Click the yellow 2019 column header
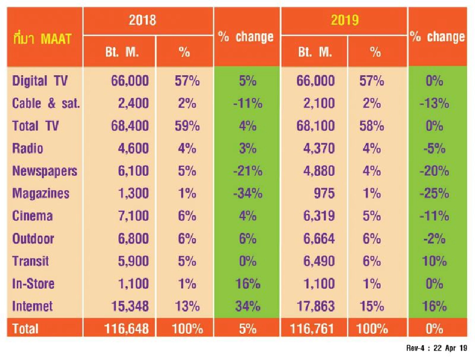point(344,20)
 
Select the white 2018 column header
point(142,20)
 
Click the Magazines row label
point(41,194)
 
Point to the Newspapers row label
point(45,171)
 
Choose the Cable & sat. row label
point(46,103)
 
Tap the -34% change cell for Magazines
point(247,194)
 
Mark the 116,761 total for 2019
point(313,328)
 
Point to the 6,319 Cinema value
point(318,216)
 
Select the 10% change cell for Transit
point(436,261)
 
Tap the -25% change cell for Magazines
point(436,194)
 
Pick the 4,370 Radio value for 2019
point(318,148)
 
